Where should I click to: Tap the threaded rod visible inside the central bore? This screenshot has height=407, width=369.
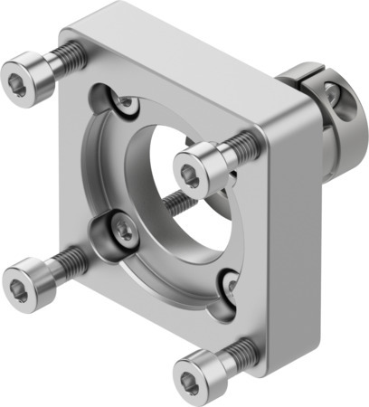[x=178, y=203]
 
